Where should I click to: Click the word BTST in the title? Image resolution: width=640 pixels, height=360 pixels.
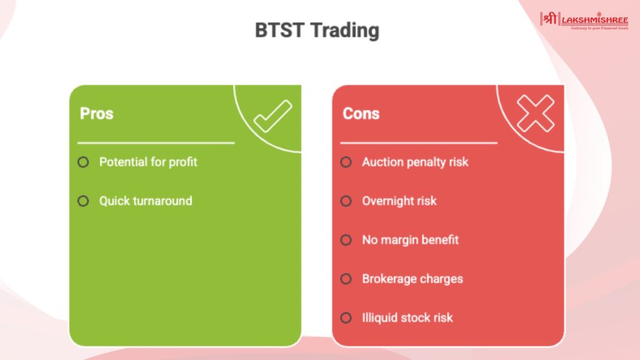pyautogui.click(x=279, y=30)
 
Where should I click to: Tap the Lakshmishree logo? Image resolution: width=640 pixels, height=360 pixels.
pyautogui.click(x=584, y=21)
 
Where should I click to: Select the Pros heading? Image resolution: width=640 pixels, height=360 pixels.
pyautogui.click(x=96, y=114)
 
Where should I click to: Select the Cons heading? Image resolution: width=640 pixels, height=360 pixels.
pyautogui.click(x=361, y=114)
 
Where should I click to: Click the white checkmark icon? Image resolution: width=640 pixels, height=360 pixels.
pyautogui.click(x=272, y=116)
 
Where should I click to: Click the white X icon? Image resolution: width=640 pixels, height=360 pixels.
pyautogui.click(x=535, y=114)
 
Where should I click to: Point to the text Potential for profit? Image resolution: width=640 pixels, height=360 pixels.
pyautogui.click(x=148, y=162)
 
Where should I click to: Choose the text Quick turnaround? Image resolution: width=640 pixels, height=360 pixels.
pyautogui.click(x=146, y=201)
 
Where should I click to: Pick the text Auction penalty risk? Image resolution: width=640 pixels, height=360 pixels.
pyautogui.click(x=415, y=162)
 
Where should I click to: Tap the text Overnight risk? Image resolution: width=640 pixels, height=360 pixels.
pyautogui.click(x=399, y=201)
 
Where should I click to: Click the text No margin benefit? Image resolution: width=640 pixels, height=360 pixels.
pyautogui.click(x=410, y=239)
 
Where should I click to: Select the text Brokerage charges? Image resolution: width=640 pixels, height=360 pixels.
pyautogui.click(x=412, y=279)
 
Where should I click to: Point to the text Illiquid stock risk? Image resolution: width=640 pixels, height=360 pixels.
pyautogui.click(x=407, y=317)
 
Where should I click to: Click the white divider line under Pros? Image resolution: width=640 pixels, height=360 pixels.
pyautogui.click(x=156, y=143)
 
